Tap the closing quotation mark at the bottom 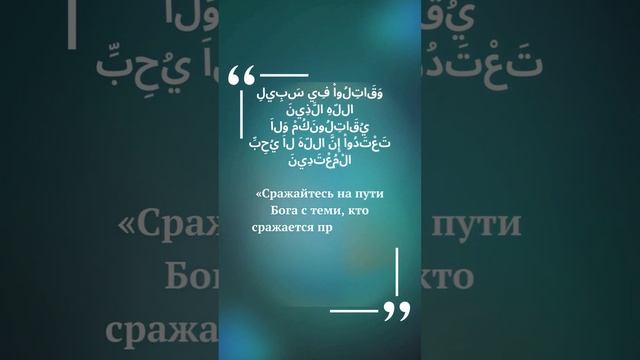coord(397,313)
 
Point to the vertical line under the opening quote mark coord(242,119)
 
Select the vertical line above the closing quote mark coord(397,271)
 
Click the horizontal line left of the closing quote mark coord(355,309)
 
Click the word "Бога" coord(286,209)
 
